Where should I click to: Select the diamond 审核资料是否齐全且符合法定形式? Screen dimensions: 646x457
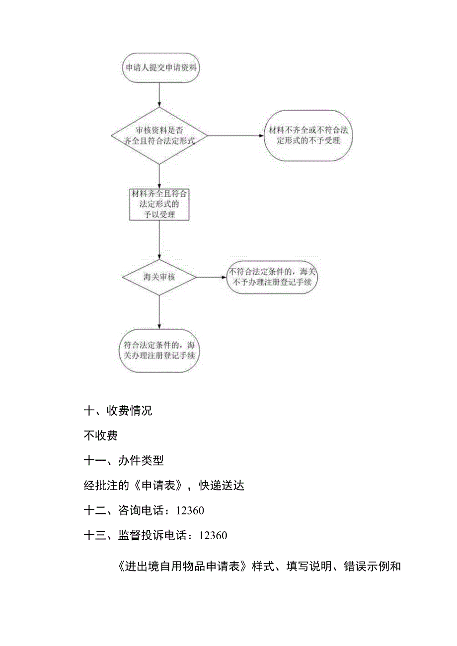pos(159,135)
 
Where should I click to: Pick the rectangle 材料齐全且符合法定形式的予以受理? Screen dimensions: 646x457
pos(159,203)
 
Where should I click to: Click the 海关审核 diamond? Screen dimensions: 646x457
pos(159,277)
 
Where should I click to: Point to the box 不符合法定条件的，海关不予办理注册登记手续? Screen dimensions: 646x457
pos(272,277)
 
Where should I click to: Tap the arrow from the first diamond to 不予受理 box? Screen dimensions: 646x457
pos(235,135)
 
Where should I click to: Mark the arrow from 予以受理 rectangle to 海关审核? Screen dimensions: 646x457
pos(159,239)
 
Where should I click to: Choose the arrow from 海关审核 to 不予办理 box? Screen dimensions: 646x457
pos(211,277)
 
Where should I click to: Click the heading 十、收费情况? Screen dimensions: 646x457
pos(118,411)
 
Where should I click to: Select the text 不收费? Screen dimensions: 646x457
pos(101,436)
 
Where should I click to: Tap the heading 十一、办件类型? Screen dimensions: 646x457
pos(124,461)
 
